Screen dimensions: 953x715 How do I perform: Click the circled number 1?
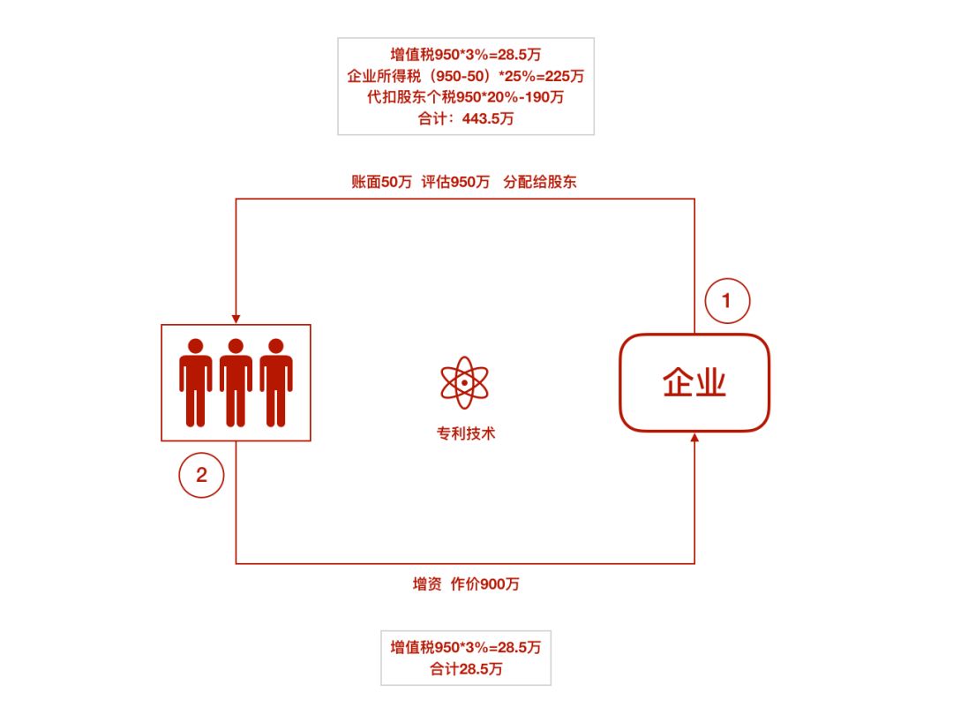(727, 300)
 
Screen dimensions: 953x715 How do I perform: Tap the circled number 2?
(201, 475)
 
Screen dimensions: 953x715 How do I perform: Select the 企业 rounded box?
(694, 382)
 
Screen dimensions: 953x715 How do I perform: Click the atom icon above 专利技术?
(464, 382)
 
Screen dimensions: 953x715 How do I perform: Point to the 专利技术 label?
(466, 433)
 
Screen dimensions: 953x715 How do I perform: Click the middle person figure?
(236, 382)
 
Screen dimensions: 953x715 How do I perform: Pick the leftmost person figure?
(196, 382)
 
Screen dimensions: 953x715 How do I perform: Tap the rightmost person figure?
(276, 382)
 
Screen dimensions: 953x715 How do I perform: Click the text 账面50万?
(381, 182)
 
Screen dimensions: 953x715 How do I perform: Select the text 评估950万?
(455, 182)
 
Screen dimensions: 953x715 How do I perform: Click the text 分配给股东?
(540, 182)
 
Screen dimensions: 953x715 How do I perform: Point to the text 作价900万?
(485, 584)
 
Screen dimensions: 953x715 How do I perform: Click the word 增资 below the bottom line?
(427, 584)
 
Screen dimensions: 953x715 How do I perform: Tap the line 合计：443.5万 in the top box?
(466, 118)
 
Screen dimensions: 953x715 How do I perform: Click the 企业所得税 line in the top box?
(466, 76)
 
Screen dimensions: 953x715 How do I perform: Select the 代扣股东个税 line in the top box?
(466, 97)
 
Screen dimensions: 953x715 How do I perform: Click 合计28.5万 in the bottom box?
(466, 669)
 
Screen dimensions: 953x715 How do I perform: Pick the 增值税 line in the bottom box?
(466, 648)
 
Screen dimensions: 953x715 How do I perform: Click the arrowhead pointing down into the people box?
(236, 320)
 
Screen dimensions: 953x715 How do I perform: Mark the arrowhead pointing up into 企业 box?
(694, 437)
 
